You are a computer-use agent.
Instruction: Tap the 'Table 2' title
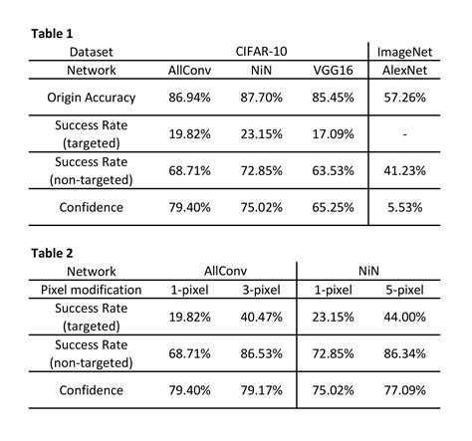tap(53, 253)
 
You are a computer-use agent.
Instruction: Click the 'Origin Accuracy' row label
tap(92, 98)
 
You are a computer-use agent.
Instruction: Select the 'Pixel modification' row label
tap(93, 290)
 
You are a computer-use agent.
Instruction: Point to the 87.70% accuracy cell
tap(261, 98)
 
